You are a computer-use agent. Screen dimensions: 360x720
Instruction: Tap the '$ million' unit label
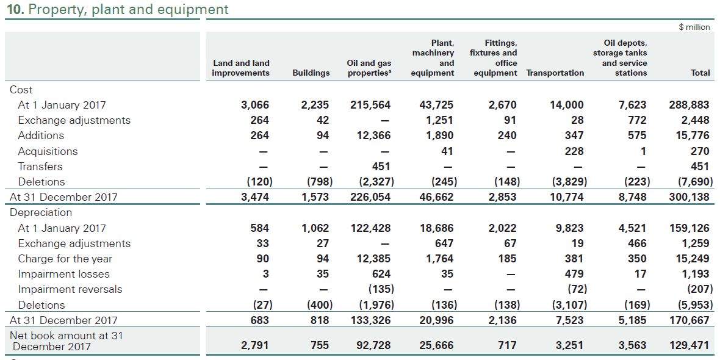(694, 27)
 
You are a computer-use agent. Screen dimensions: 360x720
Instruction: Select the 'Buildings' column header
(311, 73)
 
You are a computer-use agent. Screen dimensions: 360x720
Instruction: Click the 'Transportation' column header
(555, 73)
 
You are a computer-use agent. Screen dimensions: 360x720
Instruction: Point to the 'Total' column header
(700, 73)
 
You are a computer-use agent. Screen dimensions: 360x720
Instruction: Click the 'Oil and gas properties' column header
(369, 68)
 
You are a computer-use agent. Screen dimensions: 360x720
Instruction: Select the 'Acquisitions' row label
(48, 151)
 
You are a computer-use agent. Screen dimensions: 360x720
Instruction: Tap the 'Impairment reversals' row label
(70, 289)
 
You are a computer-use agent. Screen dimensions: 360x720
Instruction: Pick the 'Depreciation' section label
(40, 212)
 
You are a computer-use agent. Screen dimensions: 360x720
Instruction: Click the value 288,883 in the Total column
(689, 105)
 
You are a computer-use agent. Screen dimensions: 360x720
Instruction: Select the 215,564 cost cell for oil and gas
(370, 105)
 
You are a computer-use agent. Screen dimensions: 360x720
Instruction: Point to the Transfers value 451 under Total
(700, 167)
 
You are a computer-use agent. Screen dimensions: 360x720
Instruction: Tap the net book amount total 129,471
(689, 345)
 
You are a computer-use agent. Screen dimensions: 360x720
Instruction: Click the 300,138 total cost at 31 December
(689, 197)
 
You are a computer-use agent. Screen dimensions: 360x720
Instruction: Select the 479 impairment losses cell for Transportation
(574, 274)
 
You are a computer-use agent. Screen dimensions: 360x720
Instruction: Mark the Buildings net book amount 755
(320, 345)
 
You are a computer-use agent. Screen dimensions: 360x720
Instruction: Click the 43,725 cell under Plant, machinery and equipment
(436, 105)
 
